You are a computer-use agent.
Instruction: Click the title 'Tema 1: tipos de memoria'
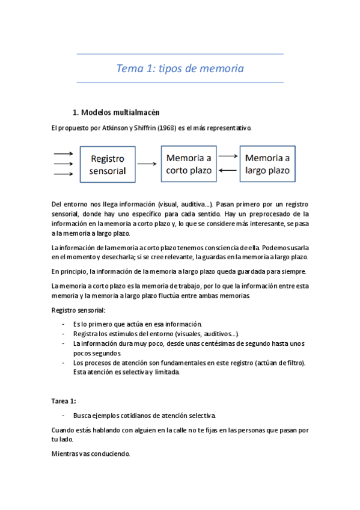(180, 69)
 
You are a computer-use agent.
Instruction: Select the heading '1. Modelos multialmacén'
(115, 112)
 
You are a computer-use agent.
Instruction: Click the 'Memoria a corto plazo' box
(188, 164)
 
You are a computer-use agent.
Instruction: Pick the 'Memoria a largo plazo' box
(267, 164)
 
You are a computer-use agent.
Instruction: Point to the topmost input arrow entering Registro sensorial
(63, 154)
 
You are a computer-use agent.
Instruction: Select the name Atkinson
(108, 128)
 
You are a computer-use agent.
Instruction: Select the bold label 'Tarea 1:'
(64, 401)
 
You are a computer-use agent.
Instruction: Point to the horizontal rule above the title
(180, 54)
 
